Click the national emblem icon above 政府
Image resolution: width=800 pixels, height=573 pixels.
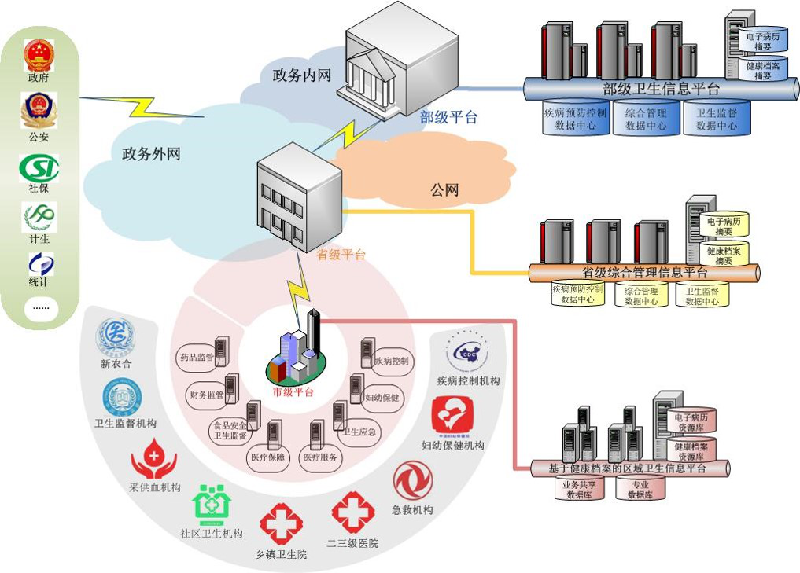(x=39, y=56)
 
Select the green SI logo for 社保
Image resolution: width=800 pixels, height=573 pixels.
(x=39, y=167)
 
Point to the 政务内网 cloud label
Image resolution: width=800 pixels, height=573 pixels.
(x=301, y=75)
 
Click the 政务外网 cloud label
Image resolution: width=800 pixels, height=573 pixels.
(x=151, y=154)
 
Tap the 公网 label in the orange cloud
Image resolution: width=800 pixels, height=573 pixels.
(x=444, y=189)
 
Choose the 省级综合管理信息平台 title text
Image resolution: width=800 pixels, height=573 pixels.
(x=644, y=273)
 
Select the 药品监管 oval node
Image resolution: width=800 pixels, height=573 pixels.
(x=197, y=358)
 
